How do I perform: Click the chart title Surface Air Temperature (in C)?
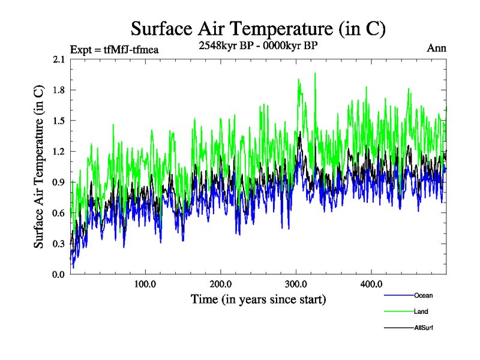[x=257, y=28]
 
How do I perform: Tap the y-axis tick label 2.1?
[x=59, y=59]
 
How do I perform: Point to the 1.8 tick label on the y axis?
[x=59, y=90]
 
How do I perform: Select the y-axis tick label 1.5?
[x=59, y=121]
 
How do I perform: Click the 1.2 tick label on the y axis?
[x=59, y=151]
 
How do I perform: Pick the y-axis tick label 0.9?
[x=59, y=182]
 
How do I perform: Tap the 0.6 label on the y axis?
[x=59, y=213]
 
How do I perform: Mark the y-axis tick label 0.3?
[x=59, y=244]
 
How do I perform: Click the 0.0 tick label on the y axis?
[x=59, y=275]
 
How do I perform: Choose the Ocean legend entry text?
[x=423, y=295]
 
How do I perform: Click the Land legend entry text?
[x=421, y=311]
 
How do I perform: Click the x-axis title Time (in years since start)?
[x=258, y=299]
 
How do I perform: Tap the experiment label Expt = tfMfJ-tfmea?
[x=114, y=49]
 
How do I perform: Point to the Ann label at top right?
[x=436, y=48]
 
